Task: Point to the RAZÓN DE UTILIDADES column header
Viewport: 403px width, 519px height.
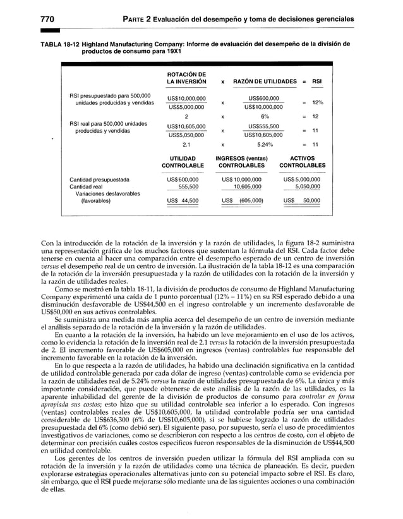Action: (x=265, y=82)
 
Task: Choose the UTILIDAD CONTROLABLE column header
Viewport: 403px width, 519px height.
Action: (x=183, y=162)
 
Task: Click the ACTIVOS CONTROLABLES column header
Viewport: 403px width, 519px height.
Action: (x=302, y=162)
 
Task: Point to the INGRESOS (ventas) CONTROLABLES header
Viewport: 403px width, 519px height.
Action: (x=241, y=162)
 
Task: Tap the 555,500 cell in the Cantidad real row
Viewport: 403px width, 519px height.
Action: (x=188, y=187)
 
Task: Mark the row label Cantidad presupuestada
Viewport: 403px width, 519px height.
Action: (x=99, y=180)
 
